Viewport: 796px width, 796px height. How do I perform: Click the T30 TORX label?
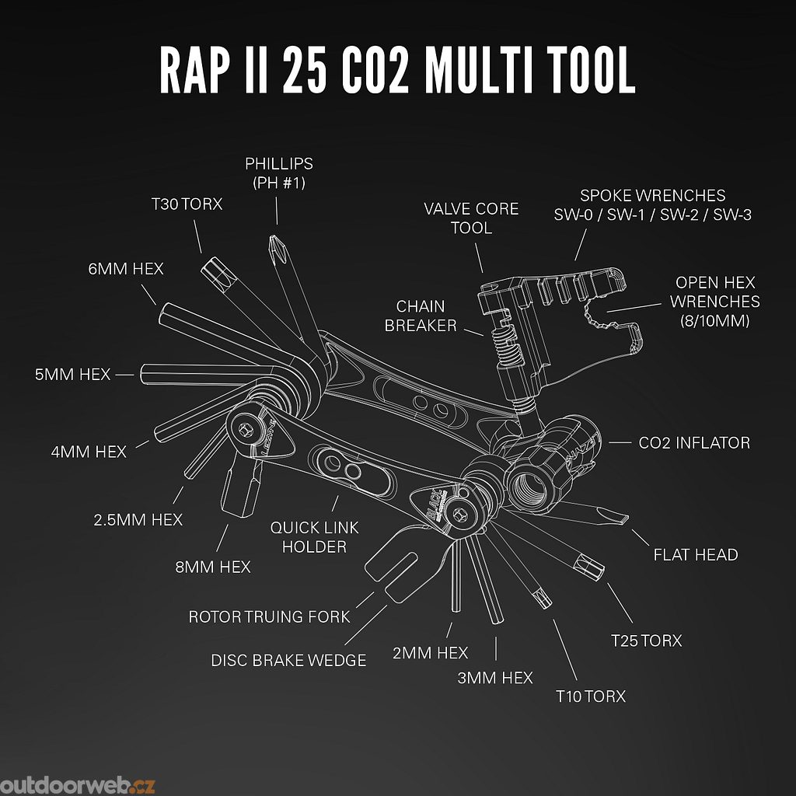point(187,204)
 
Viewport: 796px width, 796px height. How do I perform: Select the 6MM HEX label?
point(126,268)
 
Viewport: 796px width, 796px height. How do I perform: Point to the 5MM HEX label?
point(72,375)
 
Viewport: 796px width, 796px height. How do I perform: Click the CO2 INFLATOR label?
point(694,442)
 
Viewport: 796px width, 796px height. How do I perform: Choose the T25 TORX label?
point(646,641)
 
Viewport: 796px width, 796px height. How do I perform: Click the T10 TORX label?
point(591,696)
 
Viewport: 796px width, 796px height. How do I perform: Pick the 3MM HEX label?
point(495,678)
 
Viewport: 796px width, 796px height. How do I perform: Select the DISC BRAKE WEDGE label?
point(288,660)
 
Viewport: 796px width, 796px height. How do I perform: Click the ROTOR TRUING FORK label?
point(269,616)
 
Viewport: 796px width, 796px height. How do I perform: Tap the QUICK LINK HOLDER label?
point(314,537)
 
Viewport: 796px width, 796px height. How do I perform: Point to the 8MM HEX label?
point(213,567)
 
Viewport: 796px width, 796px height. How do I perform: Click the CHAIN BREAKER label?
point(421,316)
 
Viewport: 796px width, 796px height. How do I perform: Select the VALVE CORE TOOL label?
point(471,218)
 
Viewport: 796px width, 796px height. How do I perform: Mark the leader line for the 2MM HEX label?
point(449,630)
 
